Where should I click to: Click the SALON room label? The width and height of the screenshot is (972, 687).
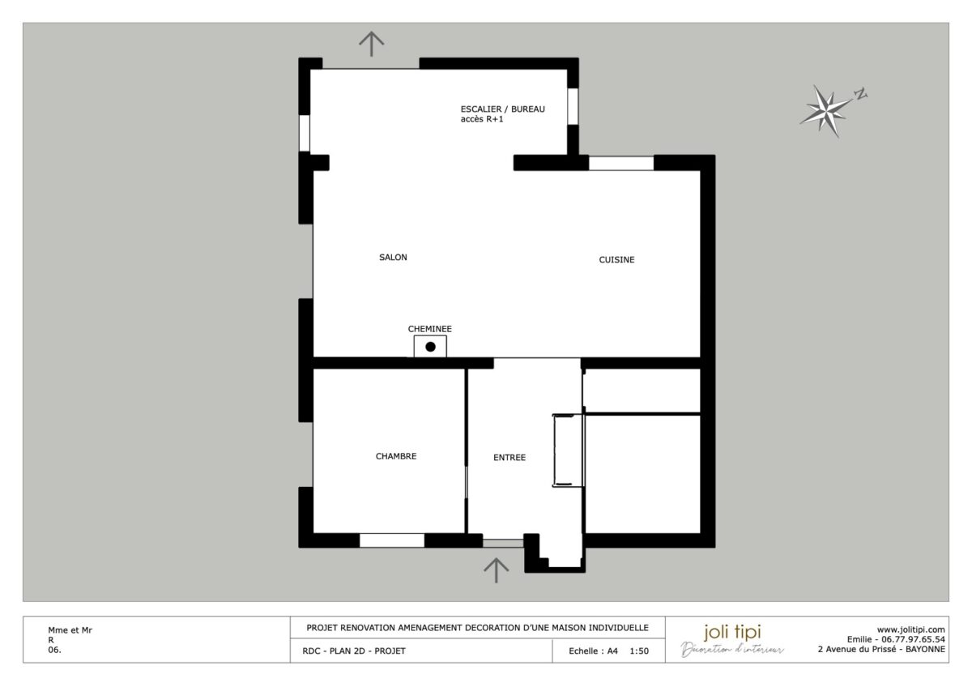(393, 258)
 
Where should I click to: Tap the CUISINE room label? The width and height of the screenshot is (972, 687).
(616, 260)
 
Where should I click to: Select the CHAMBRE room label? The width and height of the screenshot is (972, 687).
(396, 456)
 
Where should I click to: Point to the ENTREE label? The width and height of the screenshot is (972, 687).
(509, 458)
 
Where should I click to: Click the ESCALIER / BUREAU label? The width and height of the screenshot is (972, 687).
(502, 109)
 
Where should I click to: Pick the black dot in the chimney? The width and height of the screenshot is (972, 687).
(431, 347)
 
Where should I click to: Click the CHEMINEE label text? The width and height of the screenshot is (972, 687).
(430, 329)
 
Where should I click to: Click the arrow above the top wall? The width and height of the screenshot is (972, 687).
(371, 43)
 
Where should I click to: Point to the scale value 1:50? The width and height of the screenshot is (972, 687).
(639, 651)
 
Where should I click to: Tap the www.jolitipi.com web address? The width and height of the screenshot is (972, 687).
(911, 629)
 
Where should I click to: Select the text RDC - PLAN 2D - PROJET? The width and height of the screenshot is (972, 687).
(347, 651)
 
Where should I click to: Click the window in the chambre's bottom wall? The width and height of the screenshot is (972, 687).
(392, 540)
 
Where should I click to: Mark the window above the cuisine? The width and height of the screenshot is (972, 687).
(621, 163)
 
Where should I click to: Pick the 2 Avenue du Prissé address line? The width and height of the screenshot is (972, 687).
(881, 649)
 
